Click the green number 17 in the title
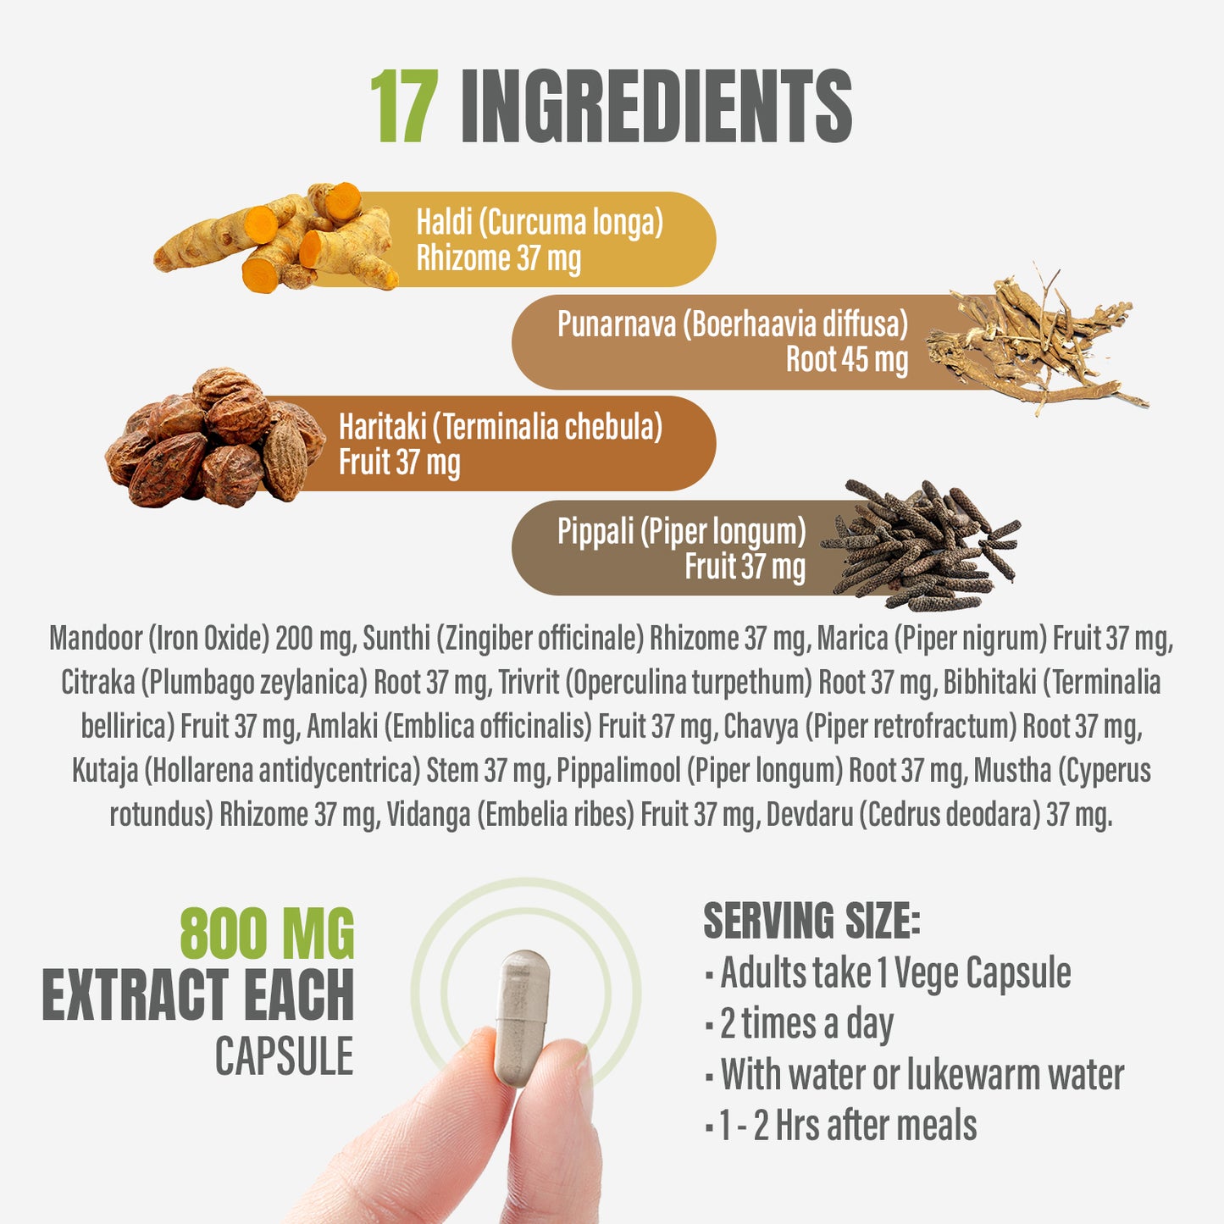pos(404,106)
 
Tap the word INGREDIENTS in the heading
pos(656,106)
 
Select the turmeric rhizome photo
pos(276,237)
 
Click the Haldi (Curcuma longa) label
pos(540,222)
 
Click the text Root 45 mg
pos(847,359)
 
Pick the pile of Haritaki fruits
pos(215,438)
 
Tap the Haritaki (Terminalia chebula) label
pos(501,426)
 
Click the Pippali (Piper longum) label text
pos(682,531)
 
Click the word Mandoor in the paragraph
pos(96,638)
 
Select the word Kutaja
pos(105,771)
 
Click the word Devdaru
pos(810,814)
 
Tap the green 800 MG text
pos(268,933)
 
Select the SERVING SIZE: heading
pos(811,921)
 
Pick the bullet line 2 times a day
pos(800,1023)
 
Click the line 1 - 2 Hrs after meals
pos(841,1125)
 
